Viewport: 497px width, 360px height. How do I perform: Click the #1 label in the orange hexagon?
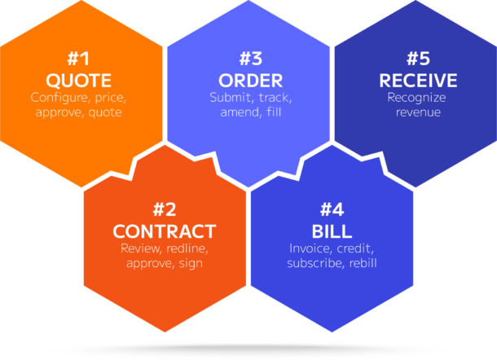[x=78, y=59]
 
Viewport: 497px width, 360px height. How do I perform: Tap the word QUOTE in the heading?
[x=78, y=81]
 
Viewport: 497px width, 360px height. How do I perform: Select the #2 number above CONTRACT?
[x=164, y=209]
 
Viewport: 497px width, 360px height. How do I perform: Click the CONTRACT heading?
[x=164, y=230]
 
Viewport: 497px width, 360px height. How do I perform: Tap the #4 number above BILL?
[x=332, y=209]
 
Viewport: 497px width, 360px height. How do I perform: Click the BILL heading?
[x=332, y=230]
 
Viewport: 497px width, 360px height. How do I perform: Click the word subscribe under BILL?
[x=313, y=263]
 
